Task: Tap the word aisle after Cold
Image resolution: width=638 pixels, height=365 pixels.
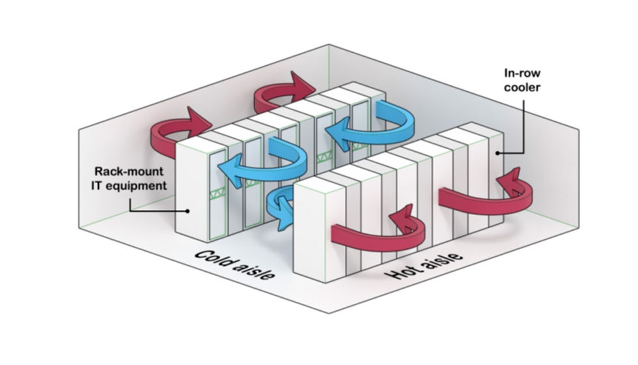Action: [252, 273]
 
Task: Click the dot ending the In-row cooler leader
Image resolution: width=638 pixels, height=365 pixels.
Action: [497, 153]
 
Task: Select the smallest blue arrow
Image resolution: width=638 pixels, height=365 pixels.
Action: [280, 207]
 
